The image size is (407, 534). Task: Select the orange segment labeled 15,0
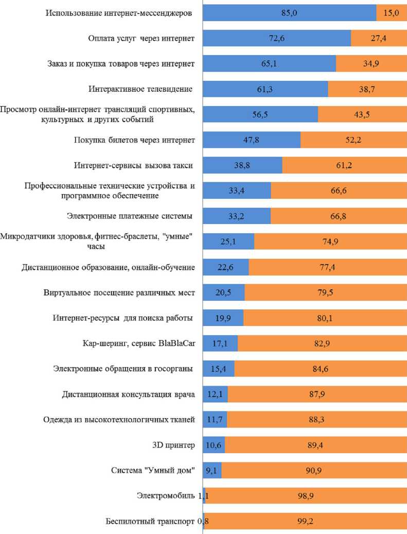392,13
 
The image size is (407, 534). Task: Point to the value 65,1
270,64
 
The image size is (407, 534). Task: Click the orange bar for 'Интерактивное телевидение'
367,89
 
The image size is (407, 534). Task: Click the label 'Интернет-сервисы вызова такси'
134,165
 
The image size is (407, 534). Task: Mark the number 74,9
330,242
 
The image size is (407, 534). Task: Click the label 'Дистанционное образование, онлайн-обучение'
109,267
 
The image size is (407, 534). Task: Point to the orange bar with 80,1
325,318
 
